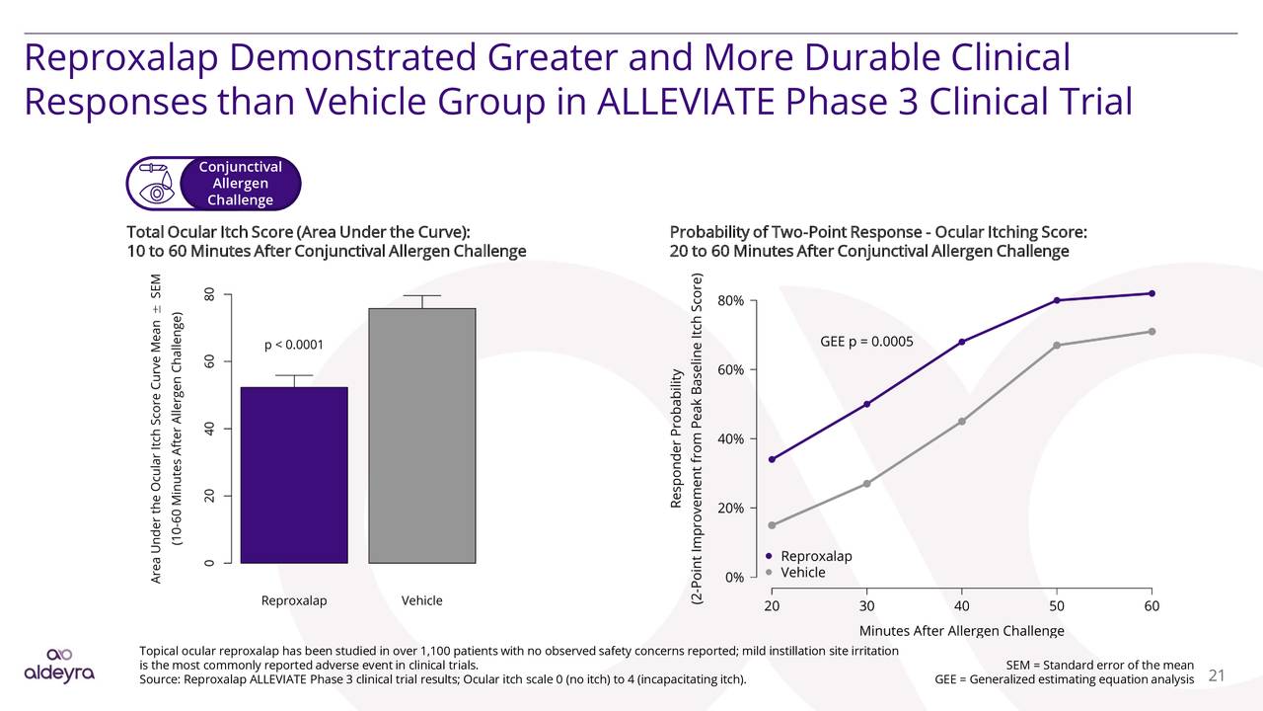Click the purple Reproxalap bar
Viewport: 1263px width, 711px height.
[294, 475]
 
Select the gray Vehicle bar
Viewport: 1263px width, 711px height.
[422, 435]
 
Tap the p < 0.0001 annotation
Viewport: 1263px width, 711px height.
[294, 345]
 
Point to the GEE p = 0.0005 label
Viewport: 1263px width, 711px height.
[866, 343]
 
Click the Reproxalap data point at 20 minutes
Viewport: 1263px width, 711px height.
[772, 459]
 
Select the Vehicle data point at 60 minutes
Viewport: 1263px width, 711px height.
[1152, 331]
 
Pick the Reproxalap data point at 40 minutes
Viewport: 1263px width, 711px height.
[962, 342]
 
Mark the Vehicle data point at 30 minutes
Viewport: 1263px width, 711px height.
[866, 483]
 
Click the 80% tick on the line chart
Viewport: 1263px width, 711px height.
[737, 301]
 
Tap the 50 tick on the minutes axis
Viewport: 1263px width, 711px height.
[1056, 605]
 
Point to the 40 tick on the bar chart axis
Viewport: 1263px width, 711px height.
[209, 429]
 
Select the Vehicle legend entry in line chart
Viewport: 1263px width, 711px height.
[802, 573]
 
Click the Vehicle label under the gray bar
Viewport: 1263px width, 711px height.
[422, 600]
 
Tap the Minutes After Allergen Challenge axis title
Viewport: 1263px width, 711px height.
[961, 631]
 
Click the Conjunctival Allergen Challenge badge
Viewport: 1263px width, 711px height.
[213, 184]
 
